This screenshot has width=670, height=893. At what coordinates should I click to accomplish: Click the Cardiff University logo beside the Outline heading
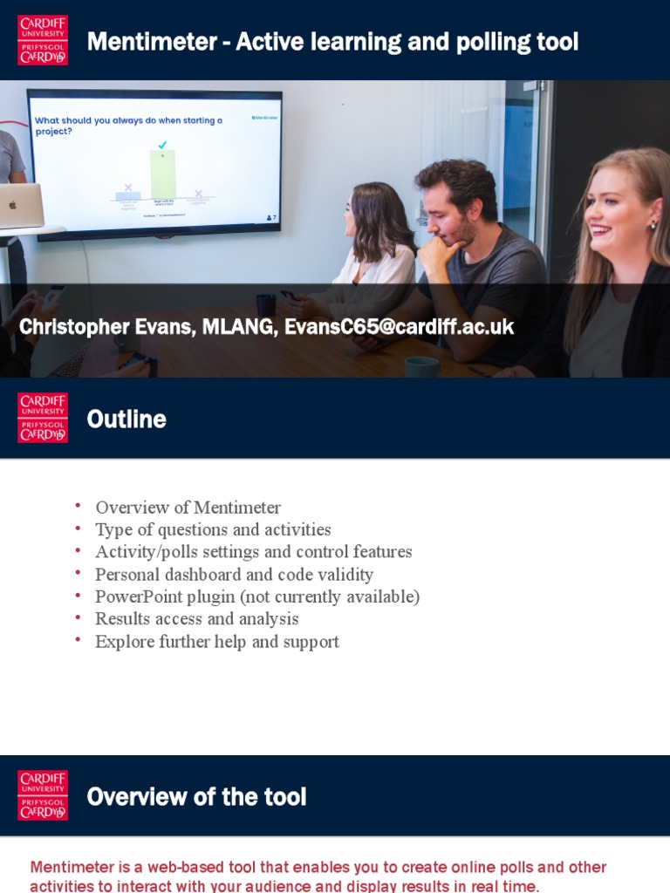click(43, 417)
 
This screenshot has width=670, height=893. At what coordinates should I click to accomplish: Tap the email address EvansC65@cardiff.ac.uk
click(399, 327)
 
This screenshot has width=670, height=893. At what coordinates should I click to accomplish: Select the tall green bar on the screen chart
click(162, 174)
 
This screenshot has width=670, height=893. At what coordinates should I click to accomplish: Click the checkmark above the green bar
click(162, 144)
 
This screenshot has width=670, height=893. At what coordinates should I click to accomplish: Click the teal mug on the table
click(422, 366)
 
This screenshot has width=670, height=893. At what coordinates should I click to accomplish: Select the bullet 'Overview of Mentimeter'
click(188, 508)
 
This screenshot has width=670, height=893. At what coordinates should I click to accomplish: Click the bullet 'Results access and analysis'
click(196, 619)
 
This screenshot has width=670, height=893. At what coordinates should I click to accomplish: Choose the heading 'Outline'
click(126, 419)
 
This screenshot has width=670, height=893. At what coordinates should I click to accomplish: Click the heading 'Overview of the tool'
click(196, 797)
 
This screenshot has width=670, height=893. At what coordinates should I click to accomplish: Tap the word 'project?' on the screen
click(54, 132)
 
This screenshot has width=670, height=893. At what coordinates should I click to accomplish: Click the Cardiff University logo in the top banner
click(43, 40)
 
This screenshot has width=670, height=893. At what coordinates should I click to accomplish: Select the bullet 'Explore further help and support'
click(216, 642)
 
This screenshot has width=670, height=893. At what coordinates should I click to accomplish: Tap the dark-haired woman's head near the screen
click(377, 214)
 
